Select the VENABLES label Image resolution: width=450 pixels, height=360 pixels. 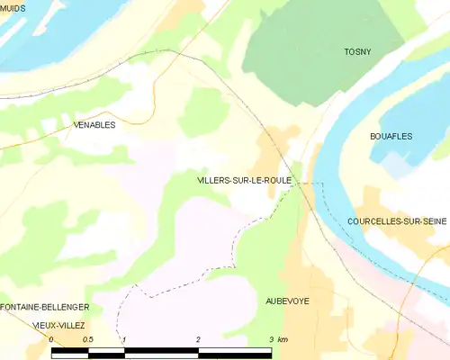[x=93, y=125]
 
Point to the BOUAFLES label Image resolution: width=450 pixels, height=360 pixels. [x=391, y=136]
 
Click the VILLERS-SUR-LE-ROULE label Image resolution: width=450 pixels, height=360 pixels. [x=243, y=181]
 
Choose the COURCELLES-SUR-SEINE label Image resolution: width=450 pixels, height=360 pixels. [x=397, y=220]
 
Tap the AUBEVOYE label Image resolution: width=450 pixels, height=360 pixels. [x=287, y=301]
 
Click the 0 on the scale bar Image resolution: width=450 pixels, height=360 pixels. [x=51, y=339]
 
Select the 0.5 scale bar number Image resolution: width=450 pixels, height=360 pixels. [x=87, y=339]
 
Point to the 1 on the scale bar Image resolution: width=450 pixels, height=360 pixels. [x=124, y=339]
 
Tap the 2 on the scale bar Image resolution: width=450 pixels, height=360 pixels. [x=198, y=339]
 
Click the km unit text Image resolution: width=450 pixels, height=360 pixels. [x=283, y=339]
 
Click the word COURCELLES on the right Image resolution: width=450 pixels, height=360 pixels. [x=373, y=220]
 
